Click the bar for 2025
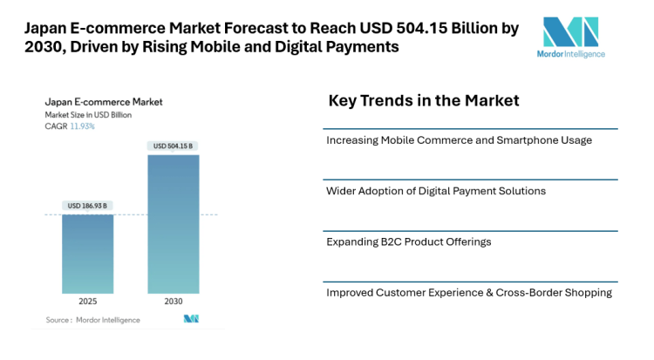[x=87, y=254]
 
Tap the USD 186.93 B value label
[x=87, y=206]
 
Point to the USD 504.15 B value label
[x=174, y=146]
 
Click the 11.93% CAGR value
[x=83, y=126]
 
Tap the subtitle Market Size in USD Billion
[x=90, y=115]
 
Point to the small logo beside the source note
[x=191, y=319]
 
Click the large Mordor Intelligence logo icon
[x=571, y=32]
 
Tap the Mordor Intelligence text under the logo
[x=571, y=55]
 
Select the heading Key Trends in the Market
[x=424, y=101]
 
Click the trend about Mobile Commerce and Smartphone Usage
[x=459, y=140]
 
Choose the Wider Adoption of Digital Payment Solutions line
[x=436, y=191]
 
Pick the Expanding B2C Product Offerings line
[x=409, y=241]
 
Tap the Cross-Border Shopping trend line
[x=468, y=292]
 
